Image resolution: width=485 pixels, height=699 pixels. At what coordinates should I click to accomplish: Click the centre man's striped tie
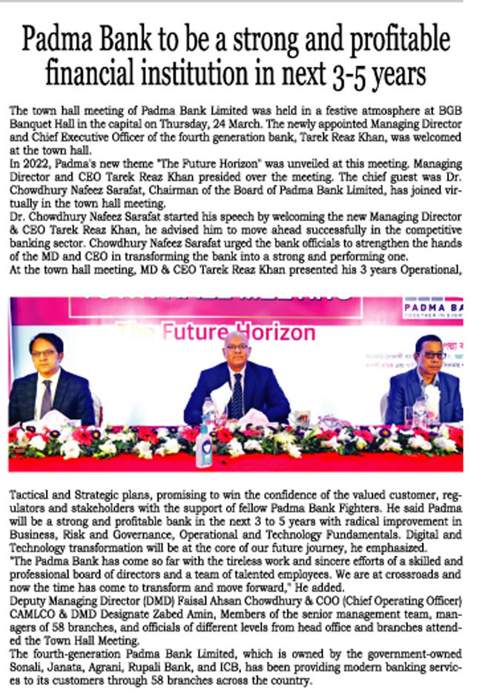click(237, 393)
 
